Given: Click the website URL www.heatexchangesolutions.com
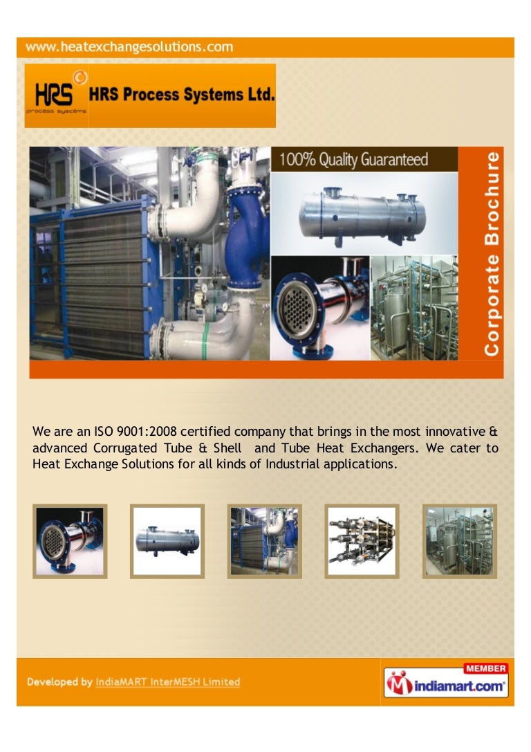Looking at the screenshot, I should (x=130, y=48).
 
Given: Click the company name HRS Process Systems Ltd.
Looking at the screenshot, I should (x=182, y=95).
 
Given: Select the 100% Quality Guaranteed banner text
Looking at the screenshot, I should (x=353, y=161).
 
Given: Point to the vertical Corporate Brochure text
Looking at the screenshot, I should (x=492, y=254).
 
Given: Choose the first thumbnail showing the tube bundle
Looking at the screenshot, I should (x=70, y=541).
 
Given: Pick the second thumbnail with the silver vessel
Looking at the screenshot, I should (x=167, y=541).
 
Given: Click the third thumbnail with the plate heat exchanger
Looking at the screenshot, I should (x=264, y=541).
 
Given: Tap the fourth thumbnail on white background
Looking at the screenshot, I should (x=362, y=541).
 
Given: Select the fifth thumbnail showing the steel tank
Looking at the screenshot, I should (x=459, y=541).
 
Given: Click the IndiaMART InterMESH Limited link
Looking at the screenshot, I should (x=168, y=682).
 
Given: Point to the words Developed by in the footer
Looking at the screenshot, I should (x=59, y=682).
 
